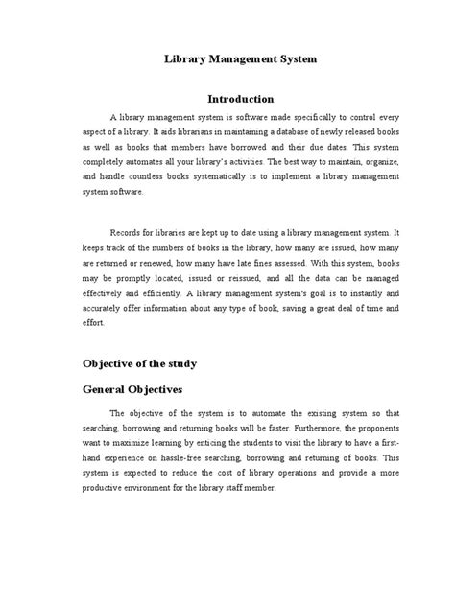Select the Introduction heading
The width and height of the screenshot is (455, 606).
click(242, 99)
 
